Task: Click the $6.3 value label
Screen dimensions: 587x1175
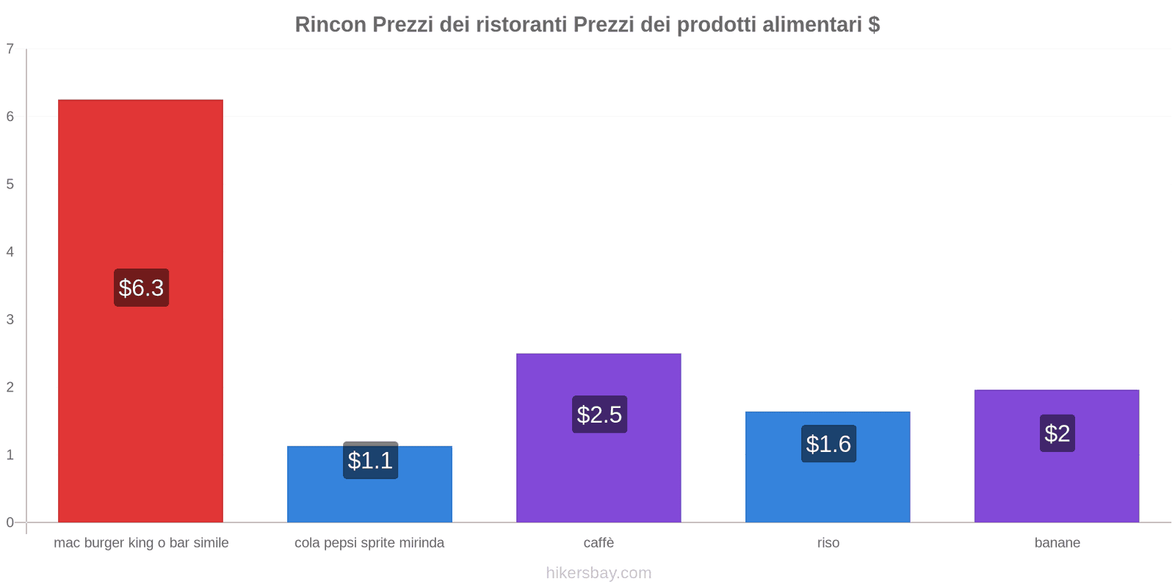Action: click(x=141, y=288)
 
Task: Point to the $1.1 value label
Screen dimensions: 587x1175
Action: click(x=370, y=461)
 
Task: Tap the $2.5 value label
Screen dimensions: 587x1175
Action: click(x=599, y=415)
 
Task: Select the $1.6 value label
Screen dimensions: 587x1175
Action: click(x=828, y=444)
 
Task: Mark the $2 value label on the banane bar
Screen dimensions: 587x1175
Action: click(x=1057, y=434)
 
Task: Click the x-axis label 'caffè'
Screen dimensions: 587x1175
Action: click(x=599, y=543)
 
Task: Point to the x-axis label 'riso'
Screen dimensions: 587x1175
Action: click(x=828, y=543)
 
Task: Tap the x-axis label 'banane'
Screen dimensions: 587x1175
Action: click(x=1057, y=543)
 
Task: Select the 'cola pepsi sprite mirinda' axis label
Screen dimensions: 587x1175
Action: click(x=369, y=543)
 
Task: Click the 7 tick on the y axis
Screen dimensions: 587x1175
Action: click(x=10, y=49)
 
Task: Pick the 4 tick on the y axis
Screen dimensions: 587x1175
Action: click(x=10, y=252)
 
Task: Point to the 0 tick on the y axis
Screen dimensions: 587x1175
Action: click(x=10, y=522)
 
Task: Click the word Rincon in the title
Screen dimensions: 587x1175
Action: click(x=330, y=24)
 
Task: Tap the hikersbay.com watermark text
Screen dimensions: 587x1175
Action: click(x=599, y=573)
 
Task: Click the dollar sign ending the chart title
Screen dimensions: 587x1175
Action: click(x=874, y=24)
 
